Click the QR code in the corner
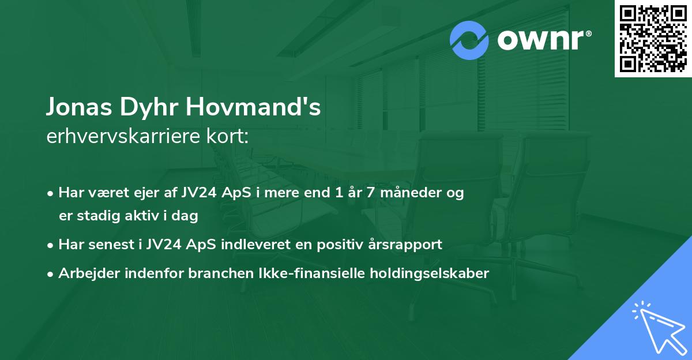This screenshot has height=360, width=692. (x=653, y=39)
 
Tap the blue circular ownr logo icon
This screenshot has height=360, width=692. (x=469, y=40)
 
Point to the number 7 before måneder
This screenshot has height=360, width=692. (x=362, y=193)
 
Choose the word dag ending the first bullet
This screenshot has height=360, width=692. (x=186, y=216)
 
